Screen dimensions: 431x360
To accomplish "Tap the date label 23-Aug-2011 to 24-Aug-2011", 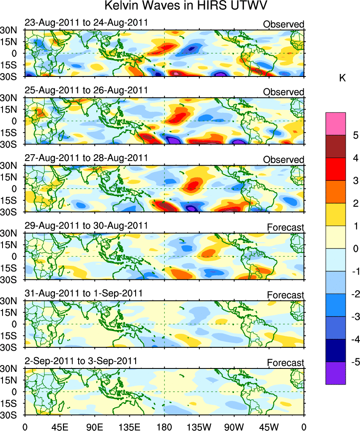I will [x=86, y=22].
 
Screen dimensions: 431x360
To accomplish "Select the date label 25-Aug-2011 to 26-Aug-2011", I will [x=86, y=90].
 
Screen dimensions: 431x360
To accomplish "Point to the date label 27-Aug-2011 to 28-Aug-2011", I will [x=86, y=158].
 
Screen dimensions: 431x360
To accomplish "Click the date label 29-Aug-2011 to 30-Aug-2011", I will [x=86, y=225].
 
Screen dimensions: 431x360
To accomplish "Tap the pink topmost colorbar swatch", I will [x=335, y=123].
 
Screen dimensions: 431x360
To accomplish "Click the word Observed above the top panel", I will [x=284, y=24].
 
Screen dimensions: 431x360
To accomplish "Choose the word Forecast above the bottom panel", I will [x=286, y=363].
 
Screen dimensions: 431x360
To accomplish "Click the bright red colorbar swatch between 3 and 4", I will [x=335, y=169].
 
